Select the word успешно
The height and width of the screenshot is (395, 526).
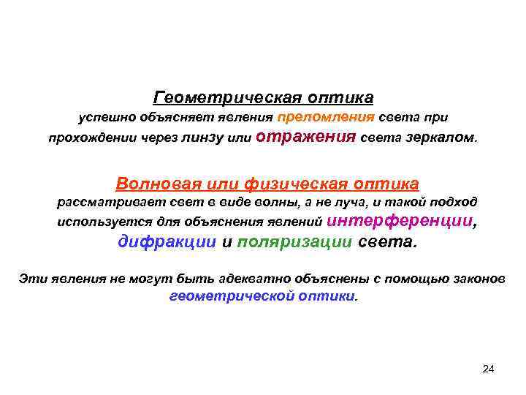click(105, 118)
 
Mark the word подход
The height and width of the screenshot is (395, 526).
click(453, 203)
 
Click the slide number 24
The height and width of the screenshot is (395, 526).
click(489, 369)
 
